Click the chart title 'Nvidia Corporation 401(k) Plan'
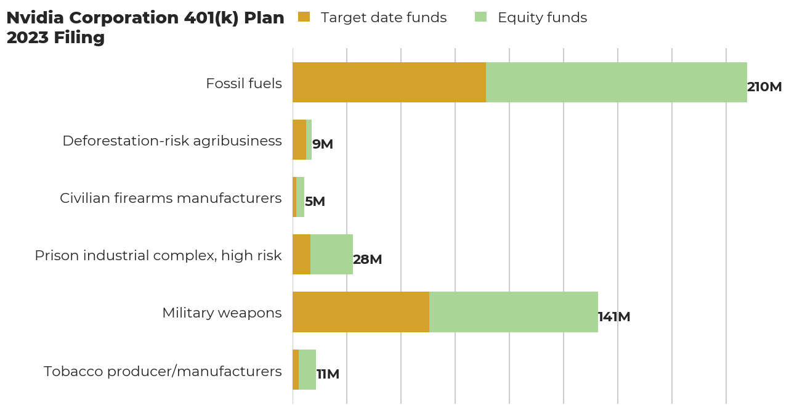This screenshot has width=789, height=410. tap(145, 18)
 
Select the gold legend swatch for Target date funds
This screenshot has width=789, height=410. tap(304, 17)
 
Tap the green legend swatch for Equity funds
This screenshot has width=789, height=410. tap(480, 17)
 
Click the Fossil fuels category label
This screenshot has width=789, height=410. tap(244, 83)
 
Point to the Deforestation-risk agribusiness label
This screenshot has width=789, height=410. tap(172, 141)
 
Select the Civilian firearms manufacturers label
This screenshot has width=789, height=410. tap(171, 198)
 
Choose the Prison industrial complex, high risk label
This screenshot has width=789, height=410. tap(158, 255)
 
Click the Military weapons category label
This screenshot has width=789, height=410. tap(222, 313)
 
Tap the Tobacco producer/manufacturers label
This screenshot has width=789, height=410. tap(163, 371)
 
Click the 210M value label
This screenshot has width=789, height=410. tap(764, 87)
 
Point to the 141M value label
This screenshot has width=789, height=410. tap(614, 317)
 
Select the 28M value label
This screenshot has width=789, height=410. tap(368, 260)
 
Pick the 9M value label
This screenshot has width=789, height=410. tap(323, 144)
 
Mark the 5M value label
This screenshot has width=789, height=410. tap(315, 202)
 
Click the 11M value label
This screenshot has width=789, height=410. tap(328, 374)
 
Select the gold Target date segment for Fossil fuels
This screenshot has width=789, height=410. tap(389, 82)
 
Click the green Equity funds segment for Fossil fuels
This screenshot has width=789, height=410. tap(616, 82)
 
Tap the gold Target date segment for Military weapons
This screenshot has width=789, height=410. tap(361, 312)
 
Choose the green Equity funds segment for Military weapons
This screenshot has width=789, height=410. tap(514, 312)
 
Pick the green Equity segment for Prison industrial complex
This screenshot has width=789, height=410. tap(331, 254)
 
